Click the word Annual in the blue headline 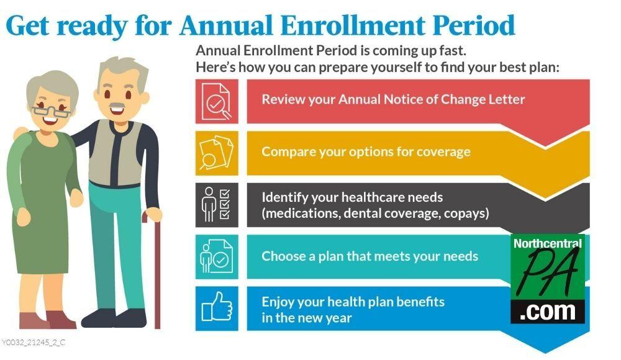[x=227, y=25]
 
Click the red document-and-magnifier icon [x=217, y=101]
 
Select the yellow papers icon [x=217, y=153]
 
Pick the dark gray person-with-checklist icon [x=217, y=205]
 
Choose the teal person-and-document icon [x=217, y=256]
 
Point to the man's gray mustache [x=117, y=106]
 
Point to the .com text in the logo [x=548, y=312]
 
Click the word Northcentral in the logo [x=547, y=243]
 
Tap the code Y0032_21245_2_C [x=34, y=342]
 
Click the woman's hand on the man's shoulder [x=20, y=133]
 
